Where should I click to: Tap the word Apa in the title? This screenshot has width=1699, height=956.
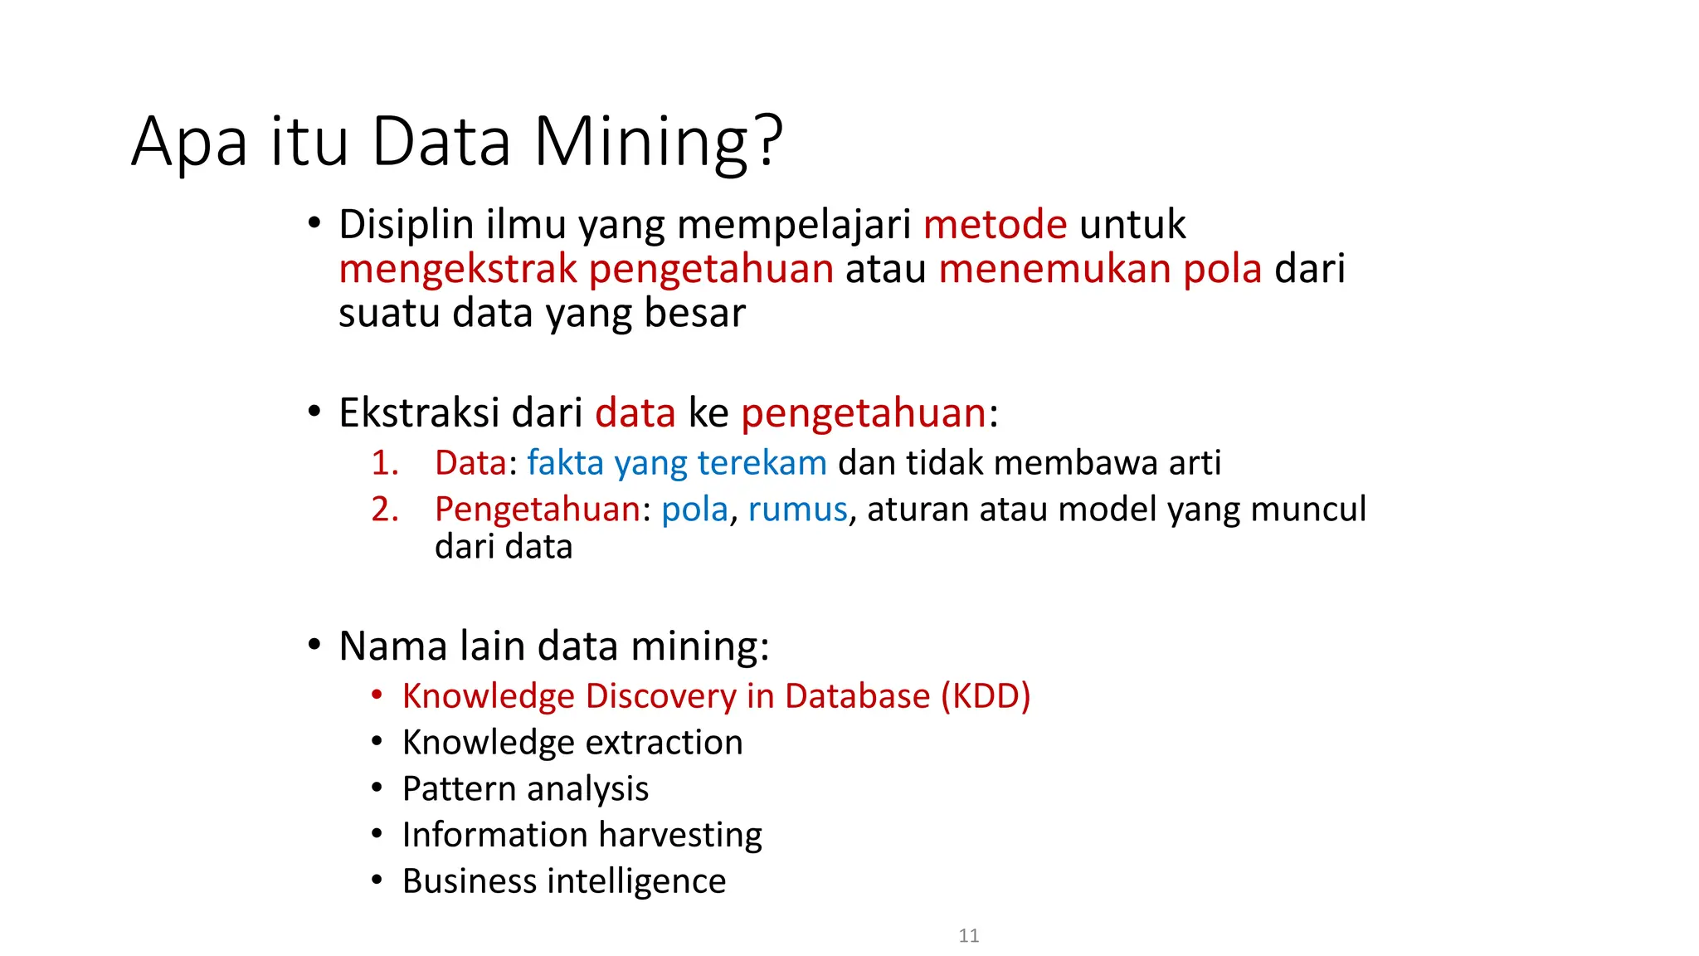189,142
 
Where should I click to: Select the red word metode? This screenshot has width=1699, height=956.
995,225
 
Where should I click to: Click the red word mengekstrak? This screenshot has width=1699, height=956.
457,270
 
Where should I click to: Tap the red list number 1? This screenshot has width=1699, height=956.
385,463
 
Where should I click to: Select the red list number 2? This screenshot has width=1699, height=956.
385,509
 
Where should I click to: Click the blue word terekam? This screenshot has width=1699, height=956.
762,463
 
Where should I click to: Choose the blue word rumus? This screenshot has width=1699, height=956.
797,509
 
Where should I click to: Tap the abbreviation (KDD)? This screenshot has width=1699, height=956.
986,696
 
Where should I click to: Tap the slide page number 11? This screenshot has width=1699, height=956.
968,936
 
